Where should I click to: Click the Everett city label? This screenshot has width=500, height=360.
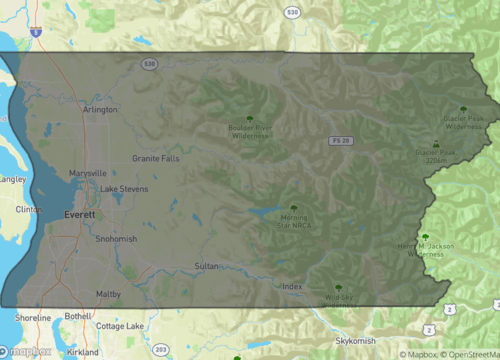[x=79, y=214]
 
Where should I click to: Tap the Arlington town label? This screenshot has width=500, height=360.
[x=100, y=110]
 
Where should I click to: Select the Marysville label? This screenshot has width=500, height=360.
[x=88, y=173]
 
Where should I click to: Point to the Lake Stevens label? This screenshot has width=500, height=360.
[x=124, y=189]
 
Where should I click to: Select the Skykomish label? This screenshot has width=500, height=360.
[x=355, y=341]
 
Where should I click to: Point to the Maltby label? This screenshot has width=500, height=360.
[x=108, y=294]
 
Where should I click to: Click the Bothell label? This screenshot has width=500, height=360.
[x=77, y=316]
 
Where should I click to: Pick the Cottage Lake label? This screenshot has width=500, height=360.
[x=120, y=326]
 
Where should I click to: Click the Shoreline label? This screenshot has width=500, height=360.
[x=33, y=317]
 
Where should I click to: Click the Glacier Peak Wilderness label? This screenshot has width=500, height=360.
[x=463, y=124]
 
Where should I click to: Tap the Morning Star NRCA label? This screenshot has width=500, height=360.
[x=293, y=221]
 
